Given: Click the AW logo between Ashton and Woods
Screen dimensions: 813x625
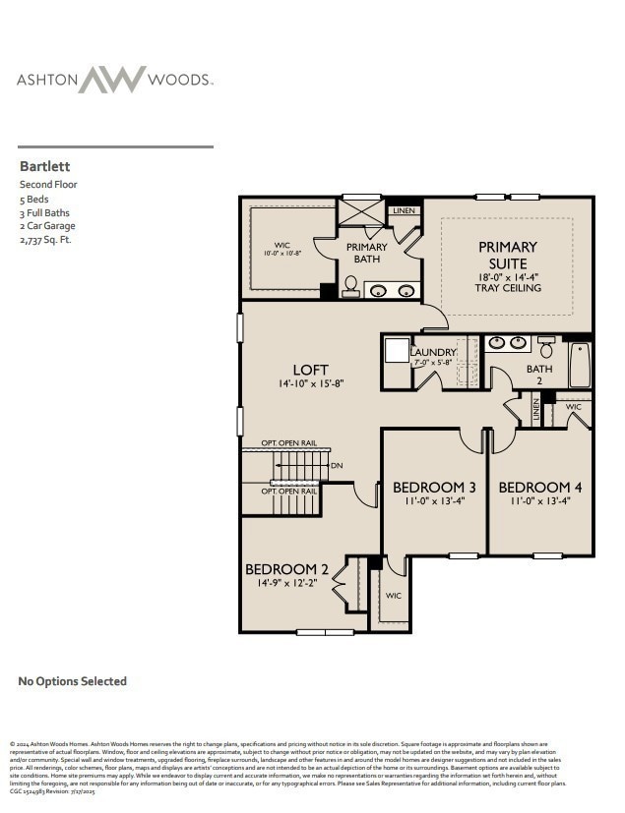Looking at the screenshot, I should (x=112, y=80).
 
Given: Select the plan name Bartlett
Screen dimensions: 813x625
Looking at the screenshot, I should (x=44, y=167).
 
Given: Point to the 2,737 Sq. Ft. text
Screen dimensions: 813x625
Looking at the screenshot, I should (x=45, y=239).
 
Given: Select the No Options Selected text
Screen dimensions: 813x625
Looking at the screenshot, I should (x=73, y=681).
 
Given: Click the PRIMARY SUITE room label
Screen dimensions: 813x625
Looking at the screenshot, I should (x=508, y=255).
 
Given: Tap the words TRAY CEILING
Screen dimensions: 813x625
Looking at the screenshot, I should (x=508, y=288).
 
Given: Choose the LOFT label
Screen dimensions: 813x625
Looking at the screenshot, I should (x=310, y=371).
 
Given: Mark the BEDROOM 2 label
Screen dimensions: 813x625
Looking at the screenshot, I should (x=286, y=569).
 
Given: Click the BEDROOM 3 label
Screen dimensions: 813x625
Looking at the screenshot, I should (x=434, y=488).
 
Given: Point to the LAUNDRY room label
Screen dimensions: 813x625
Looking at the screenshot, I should (x=433, y=352).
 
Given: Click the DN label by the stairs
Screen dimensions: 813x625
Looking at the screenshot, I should (x=337, y=465).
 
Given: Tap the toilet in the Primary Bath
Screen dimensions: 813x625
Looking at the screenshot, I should (x=350, y=286).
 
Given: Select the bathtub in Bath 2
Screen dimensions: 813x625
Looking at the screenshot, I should (x=580, y=365).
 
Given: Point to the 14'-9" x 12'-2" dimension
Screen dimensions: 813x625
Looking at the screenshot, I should (x=286, y=583).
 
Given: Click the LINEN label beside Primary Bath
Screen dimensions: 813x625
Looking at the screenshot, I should (x=404, y=210).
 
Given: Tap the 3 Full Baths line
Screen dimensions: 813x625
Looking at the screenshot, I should (x=44, y=212).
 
